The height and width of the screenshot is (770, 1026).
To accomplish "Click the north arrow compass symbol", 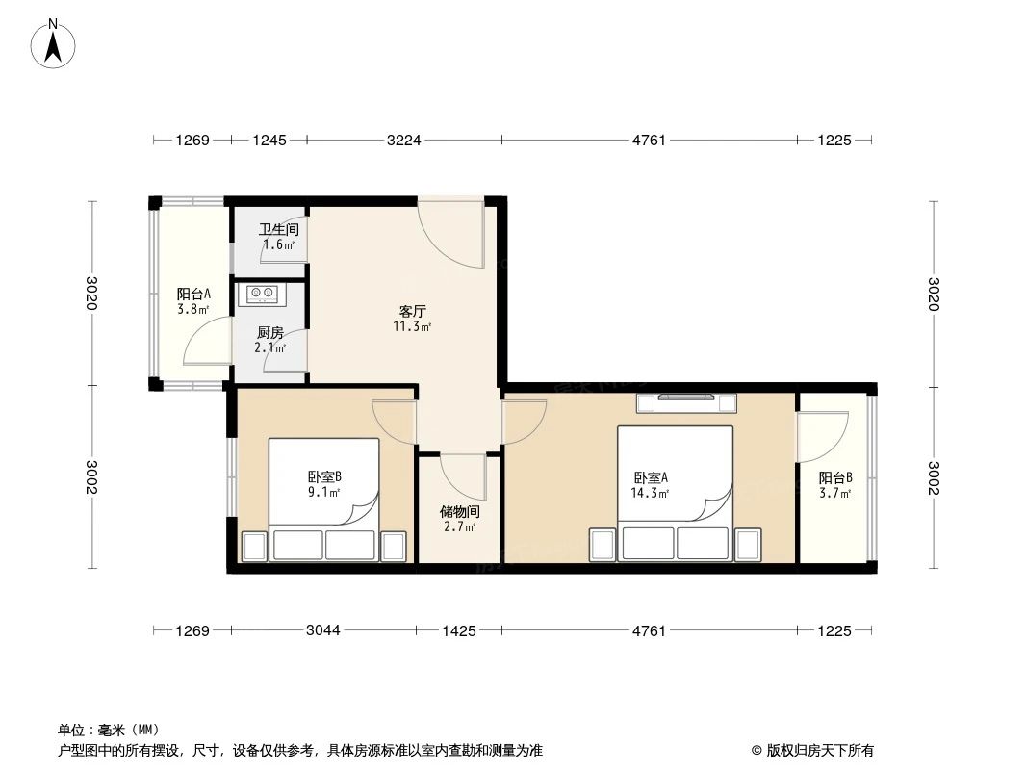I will tap(56, 42).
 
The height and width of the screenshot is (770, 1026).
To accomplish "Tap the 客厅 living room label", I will tap(412, 312).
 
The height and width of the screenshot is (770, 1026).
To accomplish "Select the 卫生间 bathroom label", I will tap(277, 230).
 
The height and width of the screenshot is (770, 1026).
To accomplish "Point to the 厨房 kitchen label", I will tap(269, 333).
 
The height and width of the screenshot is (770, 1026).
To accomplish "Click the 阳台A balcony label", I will tap(193, 295).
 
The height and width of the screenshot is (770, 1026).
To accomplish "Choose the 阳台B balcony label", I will tap(835, 478).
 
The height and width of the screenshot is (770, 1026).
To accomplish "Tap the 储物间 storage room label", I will tap(458, 512).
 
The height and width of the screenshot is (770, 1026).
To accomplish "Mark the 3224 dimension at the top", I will tap(403, 141).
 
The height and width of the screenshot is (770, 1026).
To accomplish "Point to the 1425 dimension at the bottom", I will tap(458, 631).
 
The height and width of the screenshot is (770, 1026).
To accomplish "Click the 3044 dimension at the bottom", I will tap(323, 631).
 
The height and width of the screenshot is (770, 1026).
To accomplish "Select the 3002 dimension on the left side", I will tap(92, 478).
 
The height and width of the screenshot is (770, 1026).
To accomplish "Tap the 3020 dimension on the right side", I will tap(933, 294).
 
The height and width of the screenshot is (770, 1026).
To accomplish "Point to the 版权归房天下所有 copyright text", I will tap(813, 751).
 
